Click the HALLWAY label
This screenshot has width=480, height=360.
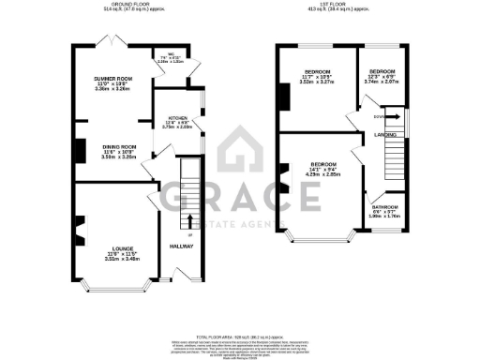[181, 247]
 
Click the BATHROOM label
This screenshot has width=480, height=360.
[384, 206]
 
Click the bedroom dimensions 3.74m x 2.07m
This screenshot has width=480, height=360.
[383, 82]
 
